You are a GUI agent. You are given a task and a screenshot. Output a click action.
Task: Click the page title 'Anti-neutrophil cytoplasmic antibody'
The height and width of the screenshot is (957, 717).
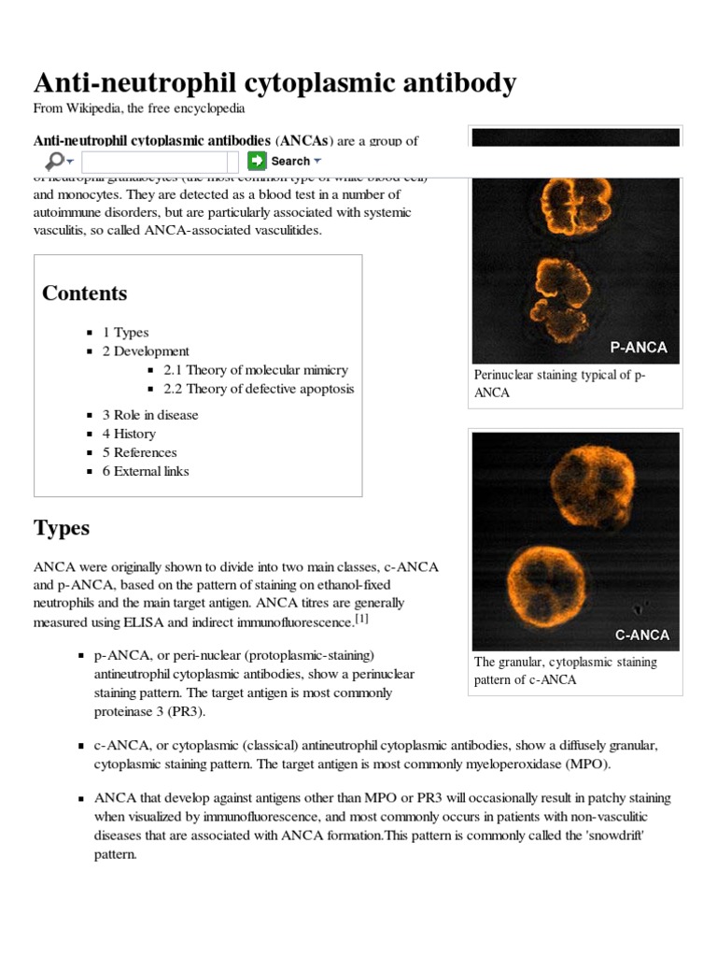[x=274, y=83]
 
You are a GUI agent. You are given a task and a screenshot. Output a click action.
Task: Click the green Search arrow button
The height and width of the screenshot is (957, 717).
[x=257, y=161]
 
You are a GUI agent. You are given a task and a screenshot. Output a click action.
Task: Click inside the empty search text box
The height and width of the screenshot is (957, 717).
[x=160, y=162]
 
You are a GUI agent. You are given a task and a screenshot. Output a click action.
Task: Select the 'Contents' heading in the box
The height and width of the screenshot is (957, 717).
[x=84, y=293]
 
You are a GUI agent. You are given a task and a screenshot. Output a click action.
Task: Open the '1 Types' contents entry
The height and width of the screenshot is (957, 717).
[x=125, y=332]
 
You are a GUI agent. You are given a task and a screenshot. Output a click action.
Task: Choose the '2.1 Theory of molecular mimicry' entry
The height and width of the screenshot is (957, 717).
[x=255, y=370]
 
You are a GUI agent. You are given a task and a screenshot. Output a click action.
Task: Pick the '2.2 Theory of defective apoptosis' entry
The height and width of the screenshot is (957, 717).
[x=259, y=389]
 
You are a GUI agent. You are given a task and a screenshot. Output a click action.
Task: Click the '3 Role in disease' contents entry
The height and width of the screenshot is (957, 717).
[x=150, y=415]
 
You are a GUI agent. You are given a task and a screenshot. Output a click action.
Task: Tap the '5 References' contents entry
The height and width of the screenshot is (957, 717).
[x=139, y=452]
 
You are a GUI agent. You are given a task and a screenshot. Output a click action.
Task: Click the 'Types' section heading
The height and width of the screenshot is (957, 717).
[x=62, y=528]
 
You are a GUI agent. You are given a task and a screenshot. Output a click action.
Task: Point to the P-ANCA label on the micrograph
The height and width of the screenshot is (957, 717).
[x=639, y=348]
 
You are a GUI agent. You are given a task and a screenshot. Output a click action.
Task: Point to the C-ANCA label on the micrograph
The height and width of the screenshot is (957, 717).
[x=641, y=635]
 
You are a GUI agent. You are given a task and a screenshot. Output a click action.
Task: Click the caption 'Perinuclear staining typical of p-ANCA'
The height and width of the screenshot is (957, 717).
[x=559, y=383]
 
